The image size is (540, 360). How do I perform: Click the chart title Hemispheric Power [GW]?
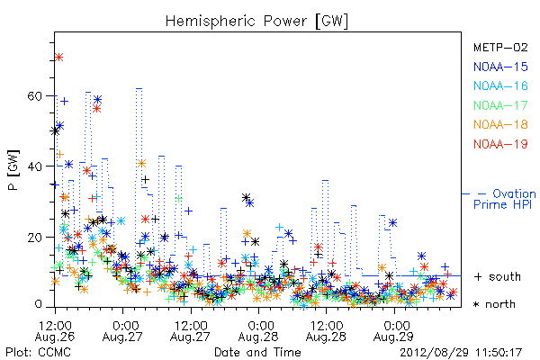256,22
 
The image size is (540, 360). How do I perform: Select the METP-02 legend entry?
500,47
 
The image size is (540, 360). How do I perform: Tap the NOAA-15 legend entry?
500,67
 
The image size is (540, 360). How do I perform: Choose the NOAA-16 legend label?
500,85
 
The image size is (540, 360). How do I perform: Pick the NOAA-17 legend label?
500,105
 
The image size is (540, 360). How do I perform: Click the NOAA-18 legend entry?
500,124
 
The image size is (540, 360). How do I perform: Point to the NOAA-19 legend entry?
500,144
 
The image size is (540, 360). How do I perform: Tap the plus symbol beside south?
478,276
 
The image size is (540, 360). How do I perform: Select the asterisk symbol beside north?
476,304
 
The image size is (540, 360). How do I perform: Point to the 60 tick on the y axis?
35,95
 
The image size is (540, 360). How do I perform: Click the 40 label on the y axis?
35,166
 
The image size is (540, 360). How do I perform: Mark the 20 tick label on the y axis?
35,238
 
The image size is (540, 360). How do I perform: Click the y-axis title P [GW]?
13,170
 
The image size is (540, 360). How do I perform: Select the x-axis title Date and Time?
257,352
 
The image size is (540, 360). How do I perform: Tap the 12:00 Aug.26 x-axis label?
55,331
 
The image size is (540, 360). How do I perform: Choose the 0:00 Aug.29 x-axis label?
394,331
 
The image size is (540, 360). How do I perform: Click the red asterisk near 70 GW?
58,58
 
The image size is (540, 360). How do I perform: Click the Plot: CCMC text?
38,352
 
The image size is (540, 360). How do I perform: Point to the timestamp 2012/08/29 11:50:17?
461,353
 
